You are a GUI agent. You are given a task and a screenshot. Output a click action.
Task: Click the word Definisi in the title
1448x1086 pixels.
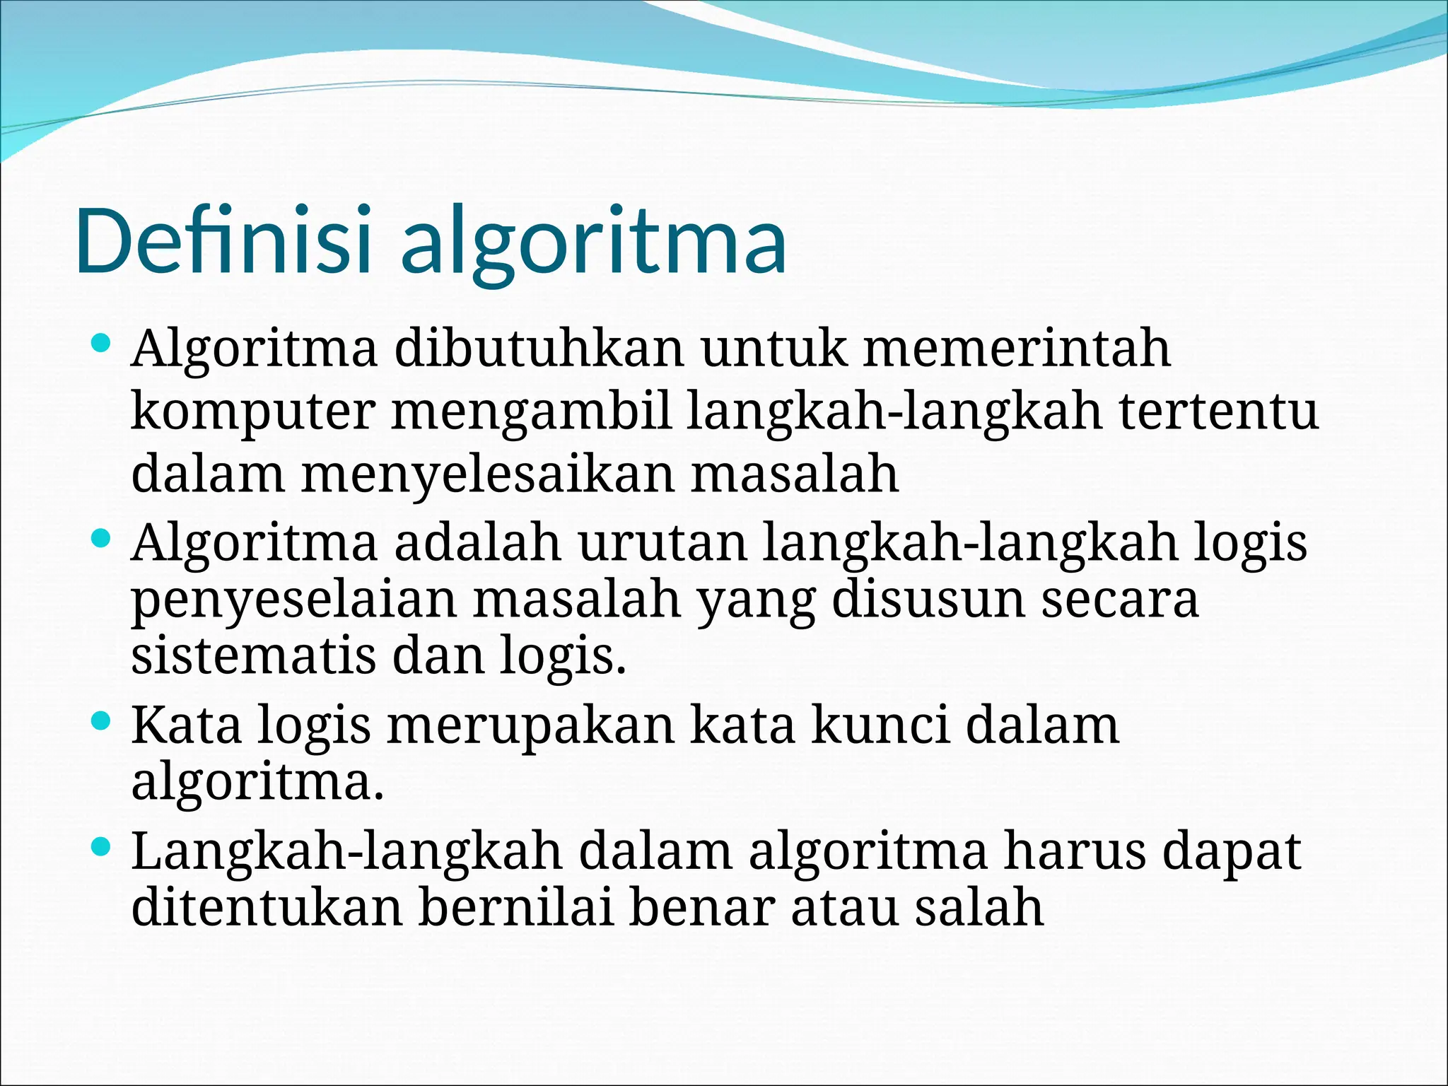pyautogui.click(x=222, y=240)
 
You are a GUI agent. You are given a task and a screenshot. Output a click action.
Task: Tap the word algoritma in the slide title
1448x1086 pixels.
pyautogui.click(x=593, y=244)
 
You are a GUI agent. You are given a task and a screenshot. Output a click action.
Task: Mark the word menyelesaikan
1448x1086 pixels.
pyautogui.click(x=488, y=474)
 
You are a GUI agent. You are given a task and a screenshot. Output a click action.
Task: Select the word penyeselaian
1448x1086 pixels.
pyautogui.click(x=294, y=601)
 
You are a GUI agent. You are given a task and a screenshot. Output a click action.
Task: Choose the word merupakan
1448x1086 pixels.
pyautogui.click(x=530, y=727)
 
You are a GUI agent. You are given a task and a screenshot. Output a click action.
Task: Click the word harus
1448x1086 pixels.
pyautogui.click(x=1075, y=851)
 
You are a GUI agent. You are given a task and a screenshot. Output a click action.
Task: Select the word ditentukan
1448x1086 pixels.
pyautogui.click(x=267, y=908)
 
